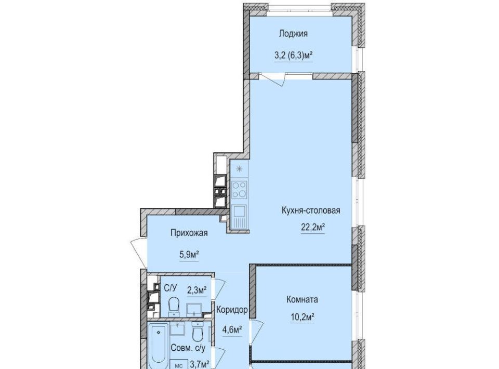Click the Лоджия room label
[x=293, y=34]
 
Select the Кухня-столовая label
[x=311, y=210]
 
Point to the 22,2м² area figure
[x=313, y=227]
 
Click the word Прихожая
[x=189, y=233]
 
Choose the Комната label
[x=303, y=299]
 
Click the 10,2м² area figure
[x=303, y=317]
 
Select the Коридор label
[x=232, y=310]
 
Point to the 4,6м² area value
[x=232, y=330]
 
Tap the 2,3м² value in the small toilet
[x=196, y=290]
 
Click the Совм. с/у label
[x=188, y=348]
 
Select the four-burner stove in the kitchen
[x=239, y=189]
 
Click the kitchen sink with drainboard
[x=239, y=217]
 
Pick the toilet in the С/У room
[x=174, y=306]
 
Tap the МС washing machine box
[x=179, y=364]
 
